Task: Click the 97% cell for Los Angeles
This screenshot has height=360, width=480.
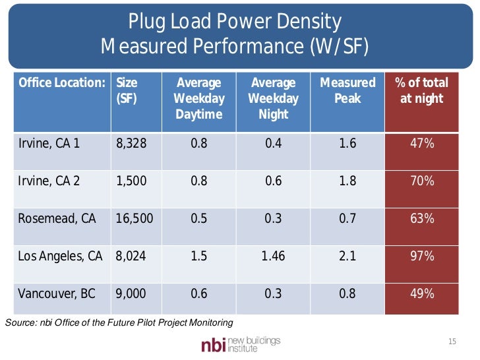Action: [421, 256]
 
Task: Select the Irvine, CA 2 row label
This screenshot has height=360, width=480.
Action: [50, 181]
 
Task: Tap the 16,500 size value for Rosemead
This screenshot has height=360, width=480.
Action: [134, 218]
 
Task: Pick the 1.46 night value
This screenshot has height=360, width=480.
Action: [273, 256]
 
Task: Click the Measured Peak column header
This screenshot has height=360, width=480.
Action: [347, 91]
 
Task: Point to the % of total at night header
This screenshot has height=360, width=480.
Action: [421, 91]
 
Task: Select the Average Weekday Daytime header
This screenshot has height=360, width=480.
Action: [198, 98]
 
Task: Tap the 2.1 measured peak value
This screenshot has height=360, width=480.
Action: [347, 256]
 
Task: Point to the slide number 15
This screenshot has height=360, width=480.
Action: [452, 342]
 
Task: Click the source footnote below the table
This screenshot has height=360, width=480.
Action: [119, 322]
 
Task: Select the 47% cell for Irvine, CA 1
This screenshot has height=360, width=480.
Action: [421, 143]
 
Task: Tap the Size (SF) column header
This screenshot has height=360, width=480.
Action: [127, 91]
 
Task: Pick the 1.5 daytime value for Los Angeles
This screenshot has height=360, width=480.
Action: [198, 256]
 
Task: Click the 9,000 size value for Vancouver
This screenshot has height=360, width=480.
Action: [131, 293]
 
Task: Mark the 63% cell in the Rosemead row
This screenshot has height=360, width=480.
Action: [421, 218]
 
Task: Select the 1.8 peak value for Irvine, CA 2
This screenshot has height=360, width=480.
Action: [347, 181]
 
